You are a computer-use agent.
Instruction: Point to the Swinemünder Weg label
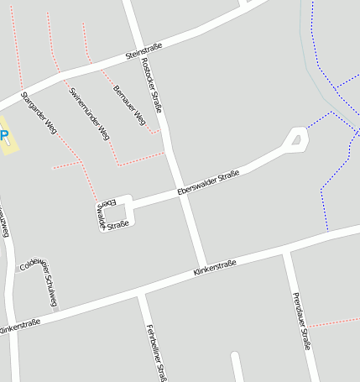click(90, 113)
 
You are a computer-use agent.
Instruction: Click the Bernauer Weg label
click(129, 105)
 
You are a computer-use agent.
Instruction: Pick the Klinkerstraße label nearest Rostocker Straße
click(214, 268)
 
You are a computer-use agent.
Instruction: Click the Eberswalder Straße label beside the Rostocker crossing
click(209, 184)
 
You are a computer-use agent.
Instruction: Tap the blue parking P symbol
click(3, 134)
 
